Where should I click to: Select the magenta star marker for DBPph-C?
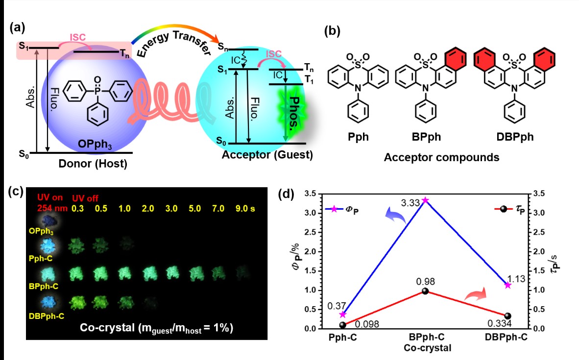coord(507,285)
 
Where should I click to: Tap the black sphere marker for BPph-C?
coord(425,291)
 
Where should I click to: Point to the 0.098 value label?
coord(359,324)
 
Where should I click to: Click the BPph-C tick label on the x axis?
coord(425,338)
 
